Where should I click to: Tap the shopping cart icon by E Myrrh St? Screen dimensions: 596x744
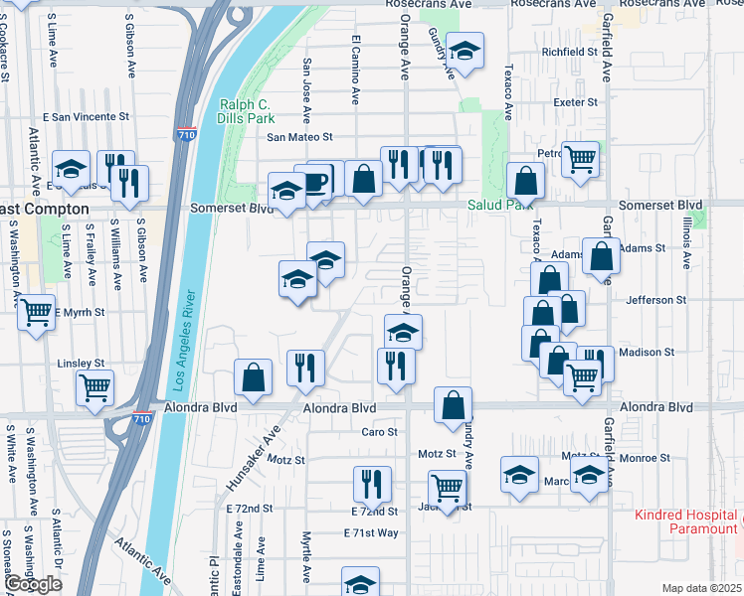[x=37, y=312]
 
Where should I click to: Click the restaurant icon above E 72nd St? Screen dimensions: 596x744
[x=372, y=485]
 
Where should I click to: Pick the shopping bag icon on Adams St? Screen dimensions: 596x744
[x=602, y=256]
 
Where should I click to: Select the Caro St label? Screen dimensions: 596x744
[x=379, y=432]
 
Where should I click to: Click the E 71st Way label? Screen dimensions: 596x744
[x=370, y=533]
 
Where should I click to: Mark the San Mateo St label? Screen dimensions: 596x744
[x=298, y=137]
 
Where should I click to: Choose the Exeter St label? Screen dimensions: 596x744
[x=576, y=102]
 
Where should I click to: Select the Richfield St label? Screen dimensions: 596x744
[x=569, y=52]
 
